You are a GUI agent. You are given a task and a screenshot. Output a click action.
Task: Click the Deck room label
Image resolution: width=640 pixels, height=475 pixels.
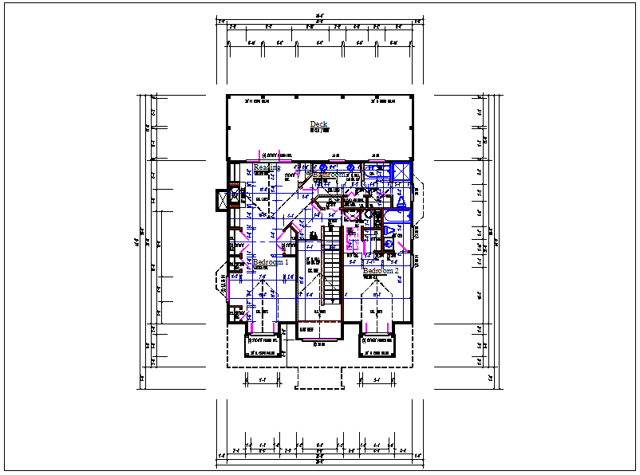pos(318,124)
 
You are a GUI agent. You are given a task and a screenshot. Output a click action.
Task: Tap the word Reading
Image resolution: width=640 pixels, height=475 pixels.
pos(265,167)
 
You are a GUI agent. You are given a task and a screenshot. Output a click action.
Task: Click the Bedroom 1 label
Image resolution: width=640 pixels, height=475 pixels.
pos(271,262)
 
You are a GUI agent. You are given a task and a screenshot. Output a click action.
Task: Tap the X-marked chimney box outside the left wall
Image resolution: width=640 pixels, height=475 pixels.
pos(221,200)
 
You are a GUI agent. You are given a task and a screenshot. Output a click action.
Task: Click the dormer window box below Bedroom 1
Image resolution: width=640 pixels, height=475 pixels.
pos(263,345)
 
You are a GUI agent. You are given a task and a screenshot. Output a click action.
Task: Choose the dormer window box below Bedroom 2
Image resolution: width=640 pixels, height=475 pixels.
pos(377,345)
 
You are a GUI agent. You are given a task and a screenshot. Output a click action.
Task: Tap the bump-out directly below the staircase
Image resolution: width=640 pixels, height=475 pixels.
pos(318,331)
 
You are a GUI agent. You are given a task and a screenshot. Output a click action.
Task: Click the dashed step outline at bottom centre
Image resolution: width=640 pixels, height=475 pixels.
pos(318,378)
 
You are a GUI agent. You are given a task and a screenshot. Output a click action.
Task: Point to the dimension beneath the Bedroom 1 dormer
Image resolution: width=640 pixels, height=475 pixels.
pos(263,379)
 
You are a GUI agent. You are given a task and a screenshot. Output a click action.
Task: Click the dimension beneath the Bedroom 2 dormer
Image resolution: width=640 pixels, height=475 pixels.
pos(378,379)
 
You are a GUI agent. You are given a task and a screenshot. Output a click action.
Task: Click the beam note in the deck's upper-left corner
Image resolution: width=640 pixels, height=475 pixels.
pos(258,102)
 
